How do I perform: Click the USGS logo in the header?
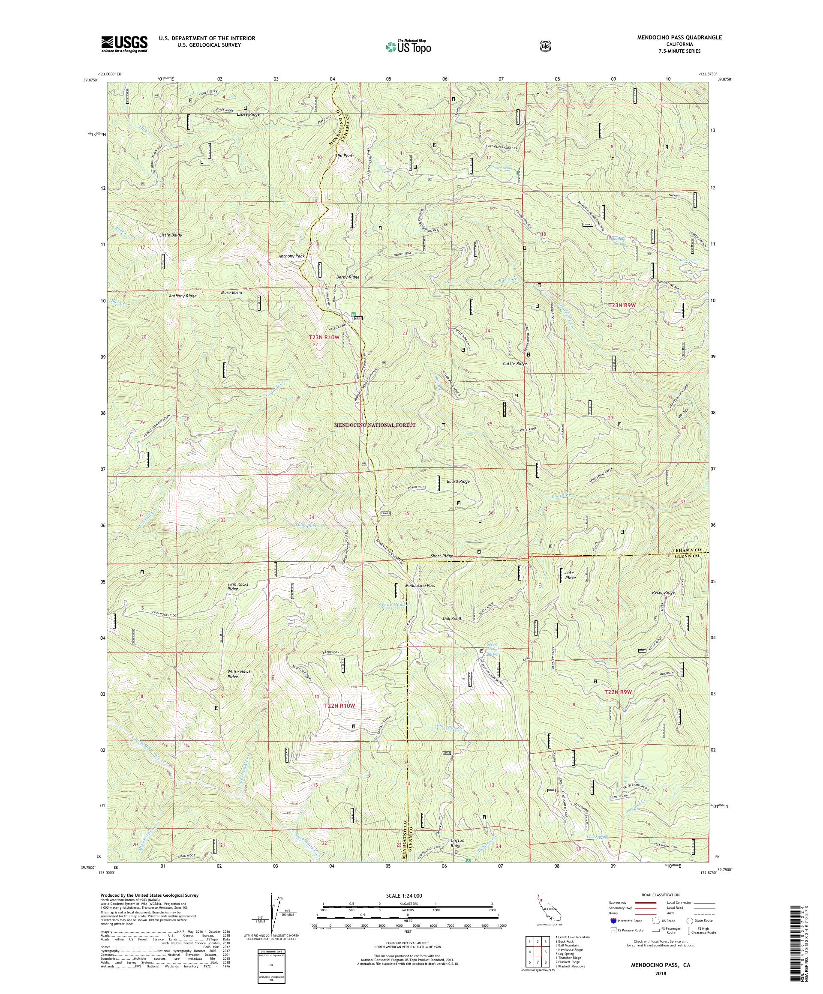[x=123, y=44]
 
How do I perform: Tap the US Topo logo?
[x=408, y=46]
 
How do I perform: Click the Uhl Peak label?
[x=344, y=155]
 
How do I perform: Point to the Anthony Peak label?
[x=291, y=256]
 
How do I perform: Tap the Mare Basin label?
[x=231, y=293]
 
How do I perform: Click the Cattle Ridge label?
[x=514, y=363]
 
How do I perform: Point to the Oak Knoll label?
[x=451, y=619]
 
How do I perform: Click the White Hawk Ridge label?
[x=239, y=674]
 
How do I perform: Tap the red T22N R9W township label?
[x=618, y=692]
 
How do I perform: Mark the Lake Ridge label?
[x=570, y=575]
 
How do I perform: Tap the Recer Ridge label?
[x=663, y=592]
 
